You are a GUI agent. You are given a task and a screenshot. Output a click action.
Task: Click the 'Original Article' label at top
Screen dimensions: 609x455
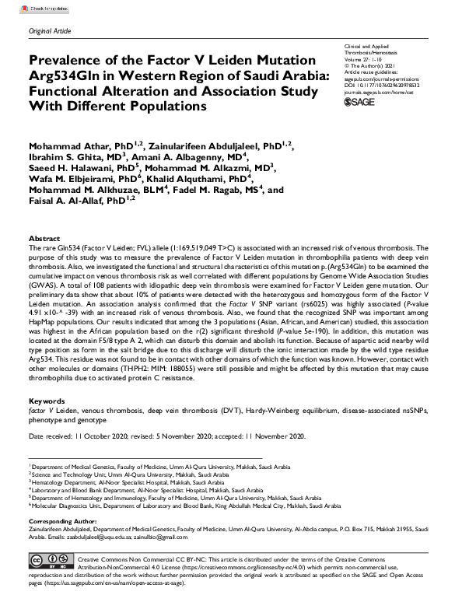point(51,30)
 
